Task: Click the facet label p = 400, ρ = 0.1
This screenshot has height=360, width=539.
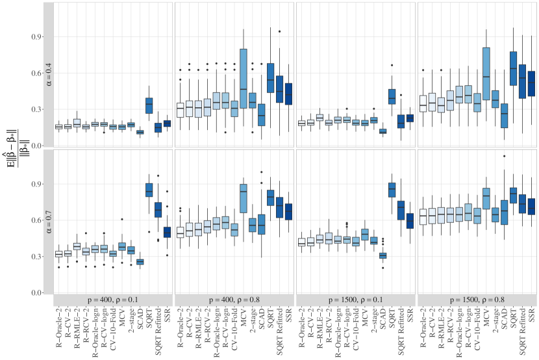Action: (113, 298)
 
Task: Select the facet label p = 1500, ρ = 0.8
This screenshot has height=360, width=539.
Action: (477, 298)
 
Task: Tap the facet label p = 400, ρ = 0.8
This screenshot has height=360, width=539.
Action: (234, 298)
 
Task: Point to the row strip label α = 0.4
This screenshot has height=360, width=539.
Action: (49, 75)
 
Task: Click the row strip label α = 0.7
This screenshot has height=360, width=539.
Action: (49, 221)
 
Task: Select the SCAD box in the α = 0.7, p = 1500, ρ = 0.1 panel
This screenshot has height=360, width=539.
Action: (382, 255)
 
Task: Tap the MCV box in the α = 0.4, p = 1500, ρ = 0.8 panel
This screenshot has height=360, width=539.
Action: (486, 73)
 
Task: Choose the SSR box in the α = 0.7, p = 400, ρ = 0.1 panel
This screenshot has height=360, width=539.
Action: (167, 232)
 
